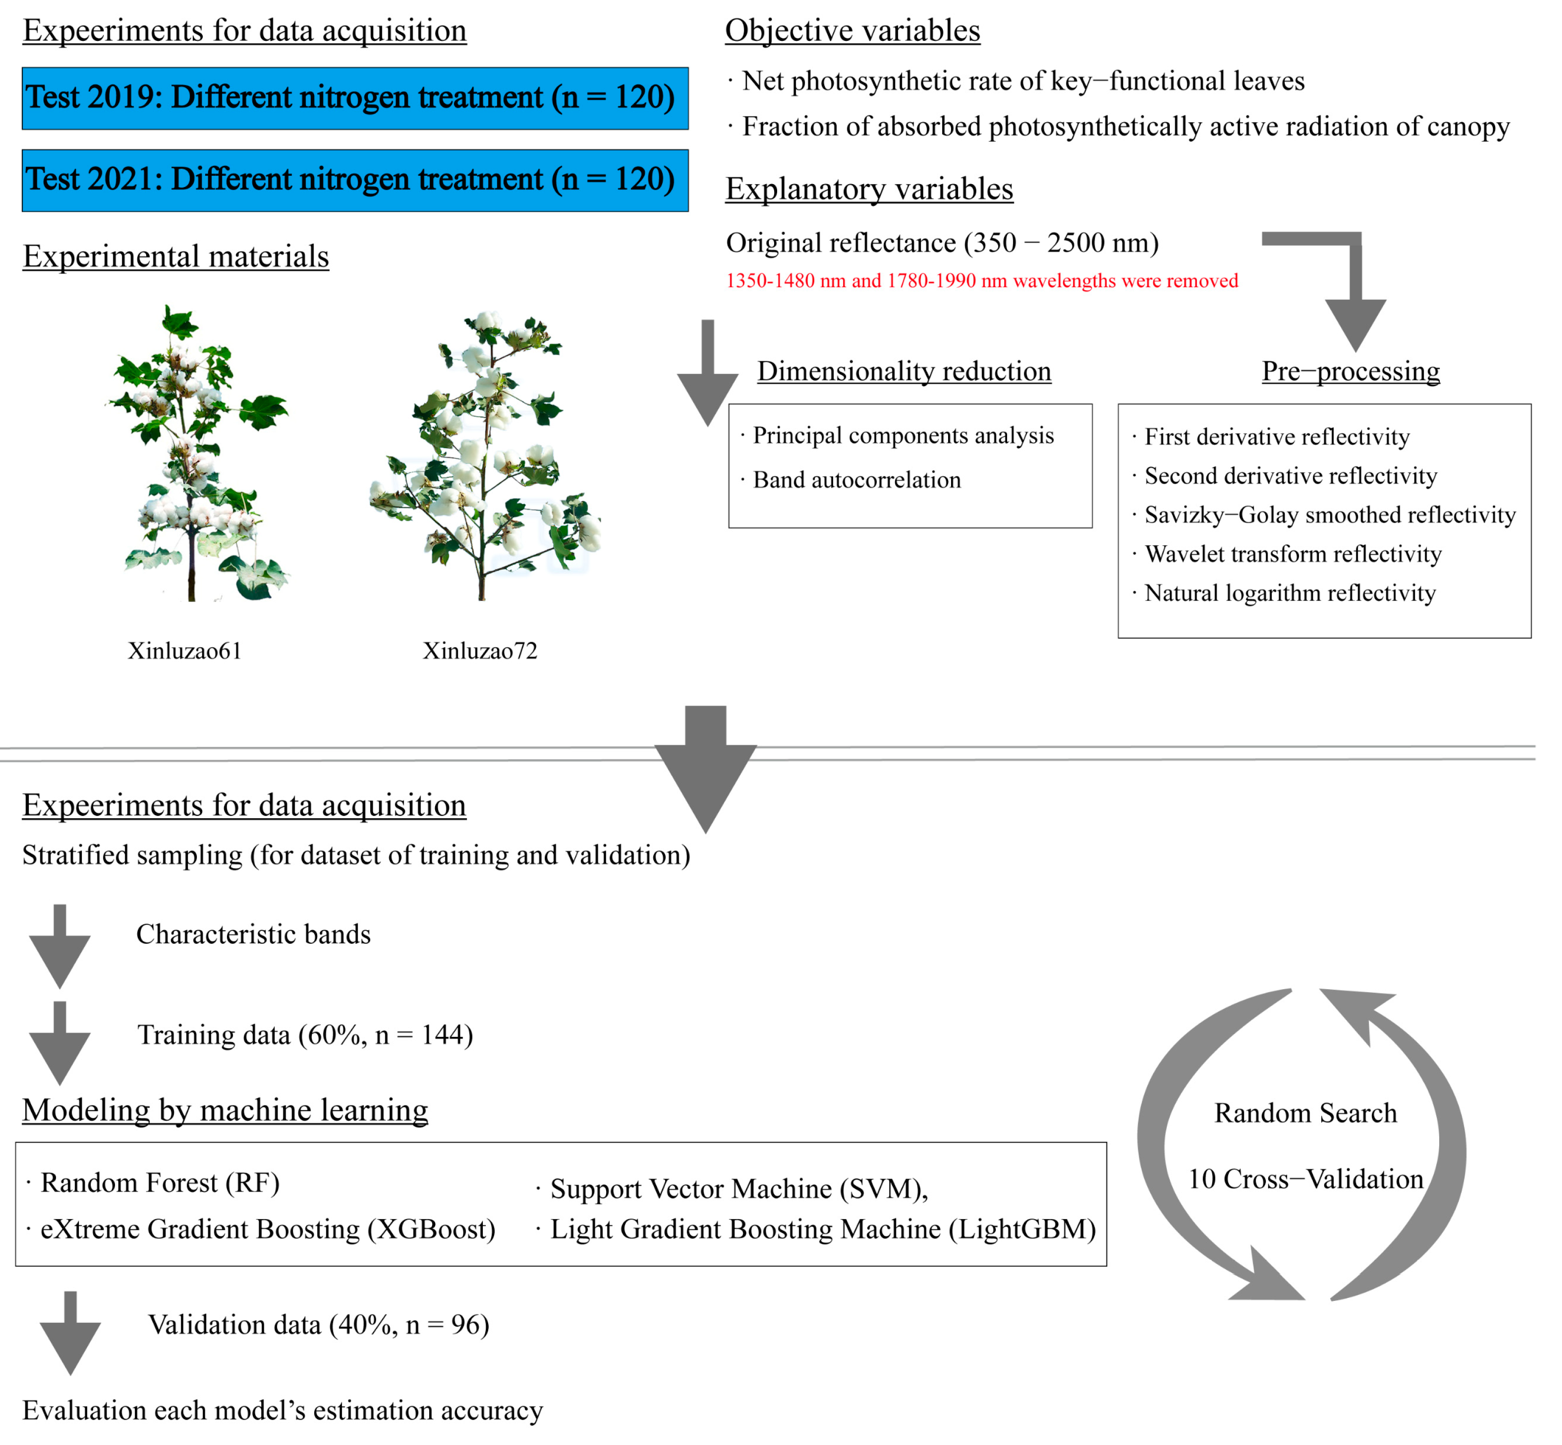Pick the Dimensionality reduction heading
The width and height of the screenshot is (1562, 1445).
[x=903, y=371]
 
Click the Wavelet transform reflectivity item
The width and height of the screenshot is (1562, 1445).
[x=1292, y=554]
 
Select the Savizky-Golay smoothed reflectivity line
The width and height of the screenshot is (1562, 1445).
[x=1329, y=514]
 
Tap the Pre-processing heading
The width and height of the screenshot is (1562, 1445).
[x=1350, y=371]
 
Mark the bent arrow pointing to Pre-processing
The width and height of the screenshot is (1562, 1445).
[x=1345, y=281]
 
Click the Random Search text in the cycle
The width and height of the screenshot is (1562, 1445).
[x=1305, y=1113]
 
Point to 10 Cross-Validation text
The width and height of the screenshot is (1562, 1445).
[x=1305, y=1179]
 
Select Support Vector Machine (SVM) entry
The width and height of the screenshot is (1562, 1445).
[x=739, y=1188]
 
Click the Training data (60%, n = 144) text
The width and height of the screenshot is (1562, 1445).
[x=305, y=1034]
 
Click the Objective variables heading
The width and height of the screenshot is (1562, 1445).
[x=852, y=31]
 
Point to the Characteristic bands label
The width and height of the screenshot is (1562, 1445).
[x=253, y=934]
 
